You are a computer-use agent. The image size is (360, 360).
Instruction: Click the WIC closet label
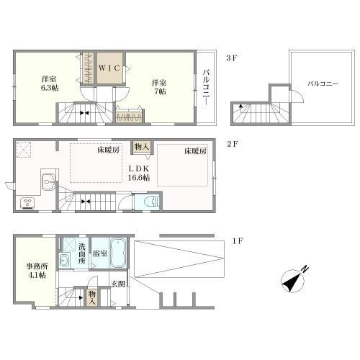click(x=109, y=68)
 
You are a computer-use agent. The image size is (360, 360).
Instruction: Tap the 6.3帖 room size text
click(x=50, y=88)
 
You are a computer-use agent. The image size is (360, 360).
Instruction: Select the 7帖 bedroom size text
click(x=160, y=91)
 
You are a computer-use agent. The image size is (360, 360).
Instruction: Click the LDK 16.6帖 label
click(x=139, y=173)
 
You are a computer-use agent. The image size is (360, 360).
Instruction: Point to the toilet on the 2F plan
click(x=151, y=202)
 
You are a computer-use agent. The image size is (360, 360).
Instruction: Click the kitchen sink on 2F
click(x=49, y=181)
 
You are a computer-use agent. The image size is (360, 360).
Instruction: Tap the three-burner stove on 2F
click(x=27, y=203)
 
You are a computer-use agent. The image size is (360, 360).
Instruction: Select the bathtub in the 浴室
click(x=118, y=253)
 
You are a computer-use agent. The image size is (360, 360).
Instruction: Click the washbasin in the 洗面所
click(x=64, y=259)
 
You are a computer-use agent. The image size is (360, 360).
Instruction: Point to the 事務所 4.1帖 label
click(x=37, y=271)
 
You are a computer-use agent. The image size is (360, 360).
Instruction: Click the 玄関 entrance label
click(x=118, y=284)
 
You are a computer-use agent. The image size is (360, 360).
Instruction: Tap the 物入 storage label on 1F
click(x=92, y=297)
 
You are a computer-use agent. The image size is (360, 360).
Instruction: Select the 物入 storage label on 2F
click(x=143, y=147)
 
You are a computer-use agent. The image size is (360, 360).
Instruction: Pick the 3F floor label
click(x=232, y=58)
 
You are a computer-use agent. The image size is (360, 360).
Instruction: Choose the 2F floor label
click(x=233, y=144)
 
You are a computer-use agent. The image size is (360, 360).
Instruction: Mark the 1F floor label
click(x=238, y=240)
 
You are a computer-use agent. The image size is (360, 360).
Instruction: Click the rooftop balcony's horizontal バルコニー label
click(x=323, y=84)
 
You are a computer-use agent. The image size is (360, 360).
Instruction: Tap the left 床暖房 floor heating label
click(x=108, y=150)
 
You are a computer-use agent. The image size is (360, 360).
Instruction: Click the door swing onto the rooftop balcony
click(x=297, y=96)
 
